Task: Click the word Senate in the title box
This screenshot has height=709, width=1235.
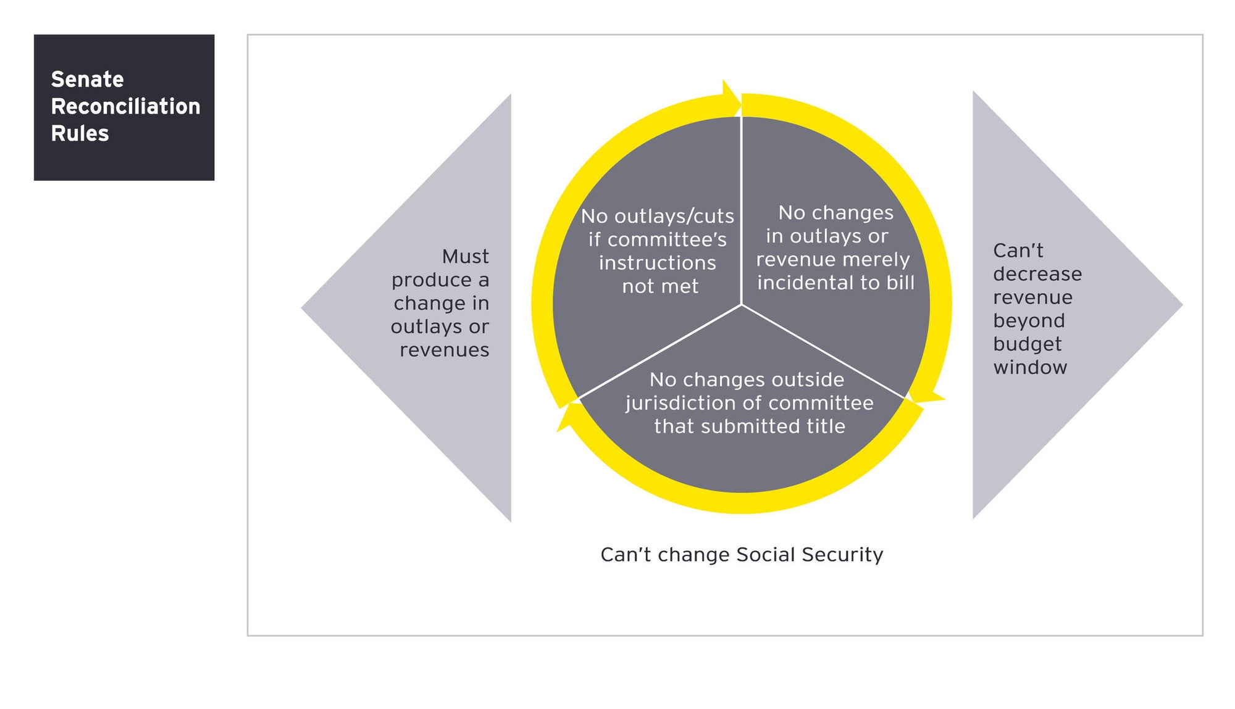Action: coord(87,79)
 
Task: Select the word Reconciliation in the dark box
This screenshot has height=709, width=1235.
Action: coord(125,106)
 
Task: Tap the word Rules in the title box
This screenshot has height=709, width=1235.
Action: coord(80,133)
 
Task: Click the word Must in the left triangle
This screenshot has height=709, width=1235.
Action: coord(465,256)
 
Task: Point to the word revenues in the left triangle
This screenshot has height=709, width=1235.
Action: coord(444,350)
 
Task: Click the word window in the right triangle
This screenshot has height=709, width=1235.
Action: coord(1030,367)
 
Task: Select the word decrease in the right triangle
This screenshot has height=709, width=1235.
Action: coord(1037,273)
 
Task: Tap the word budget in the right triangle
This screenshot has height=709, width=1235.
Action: coord(1028,344)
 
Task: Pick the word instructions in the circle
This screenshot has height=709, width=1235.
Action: coord(658,263)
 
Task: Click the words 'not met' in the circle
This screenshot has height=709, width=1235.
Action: coord(660,286)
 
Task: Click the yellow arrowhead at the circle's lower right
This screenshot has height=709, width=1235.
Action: coord(926,395)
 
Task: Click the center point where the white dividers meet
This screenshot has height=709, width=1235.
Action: coord(741,304)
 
